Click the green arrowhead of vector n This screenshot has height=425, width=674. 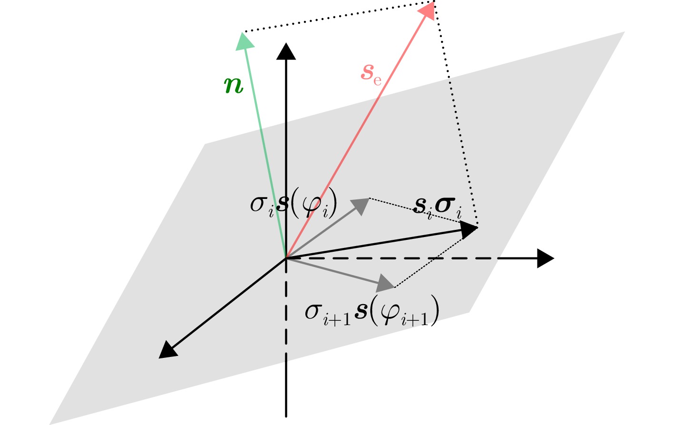tap(244, 41)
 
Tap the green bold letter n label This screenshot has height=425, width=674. tap(234, 86)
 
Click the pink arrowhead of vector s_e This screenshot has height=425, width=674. tap(427, 10)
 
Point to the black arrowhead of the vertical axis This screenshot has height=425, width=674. tap(286, 51)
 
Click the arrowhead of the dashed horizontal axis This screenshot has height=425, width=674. tap(546, 258)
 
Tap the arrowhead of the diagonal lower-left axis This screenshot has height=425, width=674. tap(168, 350)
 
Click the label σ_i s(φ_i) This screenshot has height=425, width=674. tap(293, 205)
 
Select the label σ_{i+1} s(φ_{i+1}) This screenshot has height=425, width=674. tap(372, 310)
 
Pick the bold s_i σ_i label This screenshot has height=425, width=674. tap(438, 208)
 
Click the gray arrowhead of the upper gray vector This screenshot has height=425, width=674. tap(361, 206)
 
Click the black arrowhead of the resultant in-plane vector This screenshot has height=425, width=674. tap(469, 230)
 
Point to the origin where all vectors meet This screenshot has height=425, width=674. tap(286, 258)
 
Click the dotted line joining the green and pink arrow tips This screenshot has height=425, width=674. tap(339, 17)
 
